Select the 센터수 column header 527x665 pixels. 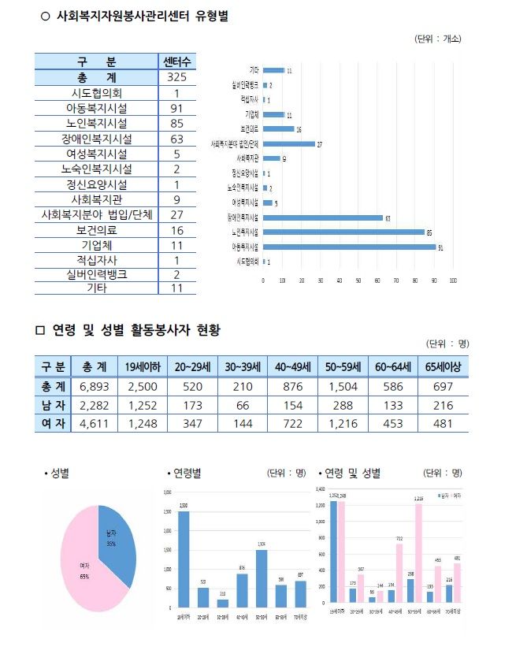tap(180, 61)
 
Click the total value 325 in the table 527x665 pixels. tap(180, 77)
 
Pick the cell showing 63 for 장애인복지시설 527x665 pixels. tap(180, 139)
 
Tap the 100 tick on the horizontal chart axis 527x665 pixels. tap(453, 280)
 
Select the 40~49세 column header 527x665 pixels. tap(292, 366)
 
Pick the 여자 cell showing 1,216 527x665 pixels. tap(341, 423)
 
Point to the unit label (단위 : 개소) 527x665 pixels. tap(437, 38)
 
